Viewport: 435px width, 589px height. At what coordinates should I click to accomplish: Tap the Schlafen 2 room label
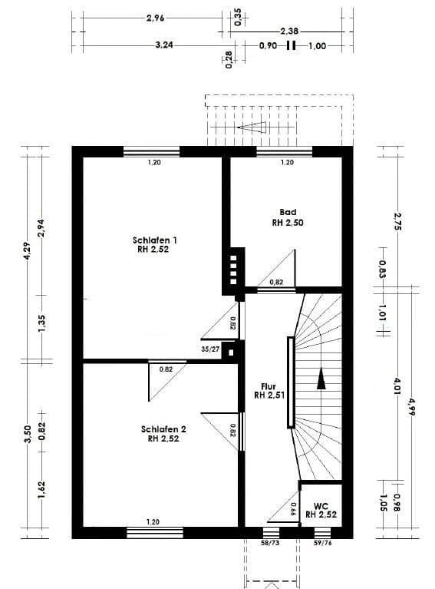[x=163, y=429]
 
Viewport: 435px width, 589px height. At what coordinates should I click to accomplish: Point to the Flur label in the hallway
[x=269, y=388]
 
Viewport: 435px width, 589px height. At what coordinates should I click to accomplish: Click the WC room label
[x=321, y=506]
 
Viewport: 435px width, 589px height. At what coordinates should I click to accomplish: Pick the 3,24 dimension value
[x=163, y=45]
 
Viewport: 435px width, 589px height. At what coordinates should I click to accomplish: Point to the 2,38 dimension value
[x=289, y=31]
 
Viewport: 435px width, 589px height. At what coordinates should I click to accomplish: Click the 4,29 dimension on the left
[x=28, y=254]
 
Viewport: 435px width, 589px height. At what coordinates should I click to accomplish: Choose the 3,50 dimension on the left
[x=28, y=435]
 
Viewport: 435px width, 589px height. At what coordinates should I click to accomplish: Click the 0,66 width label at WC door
[x=292, y=506]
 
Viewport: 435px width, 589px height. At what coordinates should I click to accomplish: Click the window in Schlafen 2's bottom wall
[x=155, y=532]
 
